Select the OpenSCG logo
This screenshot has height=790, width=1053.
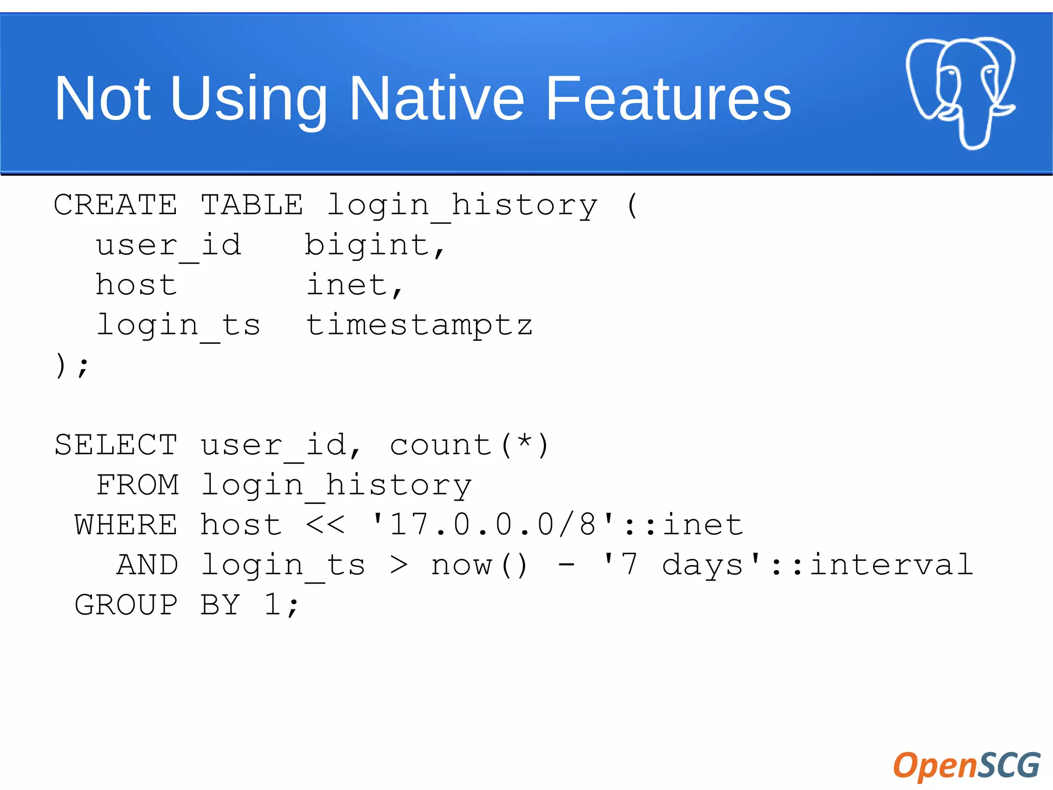coord(967,765)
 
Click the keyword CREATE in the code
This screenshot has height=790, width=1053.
coord(116,205)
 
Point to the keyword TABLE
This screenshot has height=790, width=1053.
coord(252,205)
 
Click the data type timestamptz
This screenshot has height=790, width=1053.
coord(419,325)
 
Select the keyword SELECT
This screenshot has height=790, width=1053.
coord(116,445)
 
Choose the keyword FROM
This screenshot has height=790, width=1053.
coord(138,485)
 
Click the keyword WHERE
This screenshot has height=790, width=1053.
coord(126,525)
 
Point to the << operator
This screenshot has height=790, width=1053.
coord(325,525)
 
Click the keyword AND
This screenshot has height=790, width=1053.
coord(148,565)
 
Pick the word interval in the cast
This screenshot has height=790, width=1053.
coord(892,565)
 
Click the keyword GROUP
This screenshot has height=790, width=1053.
coord(126,605)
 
